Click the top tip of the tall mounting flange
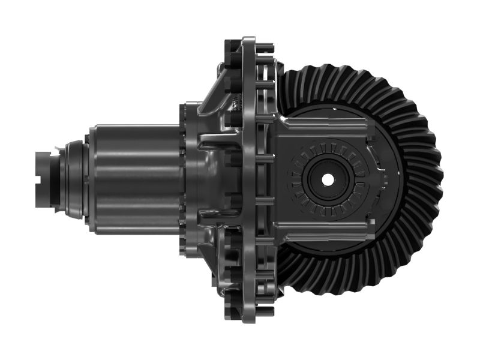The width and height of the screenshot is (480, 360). pyautogui.click(x=248, y=41)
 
